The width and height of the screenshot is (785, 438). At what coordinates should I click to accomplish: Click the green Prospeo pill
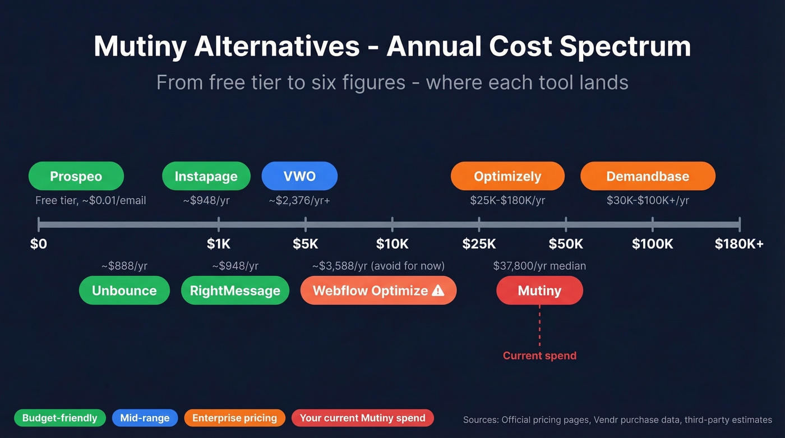coord(76,176)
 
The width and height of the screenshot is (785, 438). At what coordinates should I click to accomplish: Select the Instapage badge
coord(206,176)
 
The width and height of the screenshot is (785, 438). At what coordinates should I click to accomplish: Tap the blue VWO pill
coord(299,176)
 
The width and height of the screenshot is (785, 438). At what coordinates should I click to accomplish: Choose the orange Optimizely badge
coord(507,176)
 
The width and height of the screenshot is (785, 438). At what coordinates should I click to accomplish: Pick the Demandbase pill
coord(648,176)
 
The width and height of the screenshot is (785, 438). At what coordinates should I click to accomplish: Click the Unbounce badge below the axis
coord(124,291)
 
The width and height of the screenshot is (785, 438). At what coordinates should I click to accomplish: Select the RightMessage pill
coord(235,291)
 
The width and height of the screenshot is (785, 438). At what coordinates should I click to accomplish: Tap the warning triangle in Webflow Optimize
coord(438,290)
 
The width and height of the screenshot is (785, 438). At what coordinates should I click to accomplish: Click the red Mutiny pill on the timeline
coord(539,291)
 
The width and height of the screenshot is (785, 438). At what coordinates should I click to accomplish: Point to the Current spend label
coord(539,356)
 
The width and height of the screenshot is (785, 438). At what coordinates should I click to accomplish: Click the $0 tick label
coord(39,244)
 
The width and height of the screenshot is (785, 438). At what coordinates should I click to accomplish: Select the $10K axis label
coord(392,244)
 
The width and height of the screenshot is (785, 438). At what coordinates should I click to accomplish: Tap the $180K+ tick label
coord(739,244)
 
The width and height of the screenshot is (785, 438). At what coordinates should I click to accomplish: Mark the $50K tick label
coord(566,244)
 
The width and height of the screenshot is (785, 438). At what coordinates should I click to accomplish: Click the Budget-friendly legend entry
coord(59,418)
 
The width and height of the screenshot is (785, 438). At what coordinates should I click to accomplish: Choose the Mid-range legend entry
coord(145,418)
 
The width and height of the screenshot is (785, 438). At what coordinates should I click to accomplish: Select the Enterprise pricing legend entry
coord(234,418)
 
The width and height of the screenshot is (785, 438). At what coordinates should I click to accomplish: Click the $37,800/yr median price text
coord(539,266)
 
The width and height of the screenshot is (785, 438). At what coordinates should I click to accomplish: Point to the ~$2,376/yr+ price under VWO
coord(299,200)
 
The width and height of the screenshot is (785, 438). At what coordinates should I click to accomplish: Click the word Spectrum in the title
coord(625,47)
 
